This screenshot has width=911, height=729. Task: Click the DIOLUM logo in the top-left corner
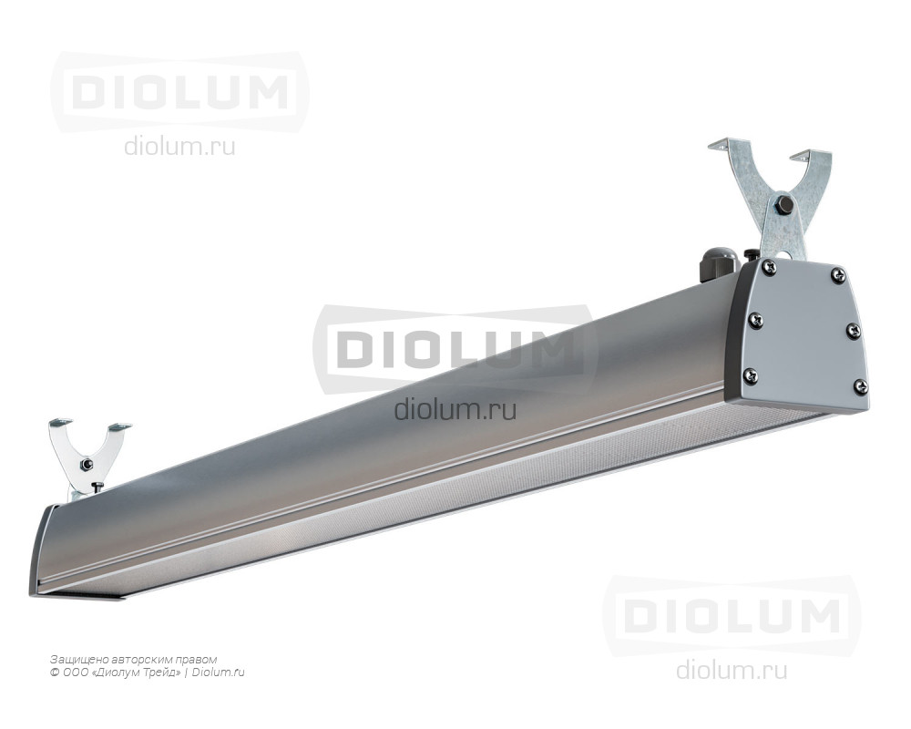(179, 91)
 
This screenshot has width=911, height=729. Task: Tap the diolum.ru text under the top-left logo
(179, 147)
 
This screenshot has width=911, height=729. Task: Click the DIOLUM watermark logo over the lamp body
(455, 348)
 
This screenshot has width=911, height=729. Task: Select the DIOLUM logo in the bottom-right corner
(732, 616)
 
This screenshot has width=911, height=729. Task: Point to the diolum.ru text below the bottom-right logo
(732, 670)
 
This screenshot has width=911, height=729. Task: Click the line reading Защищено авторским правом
(134, 660)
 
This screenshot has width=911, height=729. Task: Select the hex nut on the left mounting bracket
(87, 464)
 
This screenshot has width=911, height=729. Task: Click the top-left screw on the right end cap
(771, 267)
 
